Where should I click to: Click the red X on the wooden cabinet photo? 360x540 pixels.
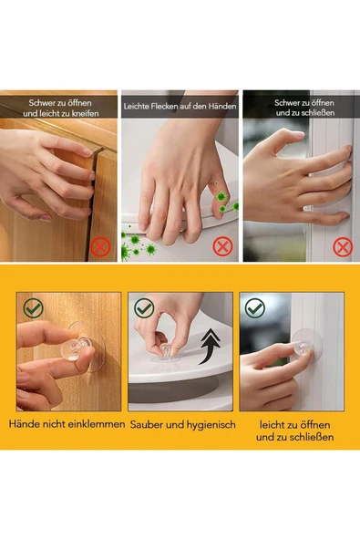pos(100,246)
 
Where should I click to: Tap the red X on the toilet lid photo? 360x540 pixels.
pos(222,246)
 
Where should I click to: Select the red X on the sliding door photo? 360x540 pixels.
pos(343,247)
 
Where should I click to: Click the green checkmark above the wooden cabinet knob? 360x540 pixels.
pos(34,308)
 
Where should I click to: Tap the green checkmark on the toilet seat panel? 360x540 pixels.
pos(144,308)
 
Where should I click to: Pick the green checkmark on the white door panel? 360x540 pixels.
pos(255,308)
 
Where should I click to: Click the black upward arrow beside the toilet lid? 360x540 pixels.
pos(210,346)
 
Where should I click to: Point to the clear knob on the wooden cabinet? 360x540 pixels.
pos(75,348)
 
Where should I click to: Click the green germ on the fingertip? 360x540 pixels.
pos(221,197)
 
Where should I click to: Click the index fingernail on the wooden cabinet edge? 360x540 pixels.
pos(87,151)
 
